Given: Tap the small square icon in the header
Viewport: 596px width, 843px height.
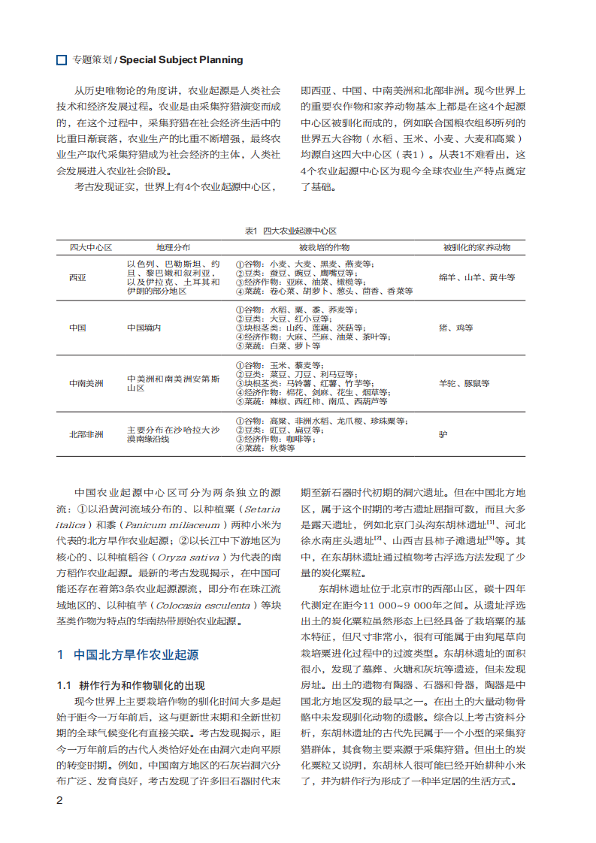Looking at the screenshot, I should click(x=62, y=59).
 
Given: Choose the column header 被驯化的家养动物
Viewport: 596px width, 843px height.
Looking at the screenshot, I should click(x=476, y=247).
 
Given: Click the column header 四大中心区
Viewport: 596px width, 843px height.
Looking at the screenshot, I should click(x=91, y=247).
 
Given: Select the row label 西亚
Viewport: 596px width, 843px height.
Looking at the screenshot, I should click(x=77, y=277).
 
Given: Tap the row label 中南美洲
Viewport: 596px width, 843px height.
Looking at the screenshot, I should click(x=86, y=383).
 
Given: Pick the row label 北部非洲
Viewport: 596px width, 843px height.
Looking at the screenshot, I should click(x=86, y=434).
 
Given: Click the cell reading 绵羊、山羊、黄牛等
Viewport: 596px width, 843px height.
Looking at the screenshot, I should click(x=477, y=277).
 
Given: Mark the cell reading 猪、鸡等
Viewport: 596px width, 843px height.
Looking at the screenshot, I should click(x=456, y=328).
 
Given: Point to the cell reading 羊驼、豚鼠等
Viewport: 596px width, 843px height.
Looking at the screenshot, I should click(x=464, y=383).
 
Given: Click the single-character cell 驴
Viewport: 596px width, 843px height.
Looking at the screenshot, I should click(x=443, y=434).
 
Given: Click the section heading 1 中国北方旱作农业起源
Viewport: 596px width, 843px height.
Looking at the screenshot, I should click(x=129, y=654).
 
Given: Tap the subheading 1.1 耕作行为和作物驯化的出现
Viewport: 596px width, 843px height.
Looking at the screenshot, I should click(x=131, y=684).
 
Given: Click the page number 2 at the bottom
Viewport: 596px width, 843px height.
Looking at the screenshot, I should click(x=60, y=799).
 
